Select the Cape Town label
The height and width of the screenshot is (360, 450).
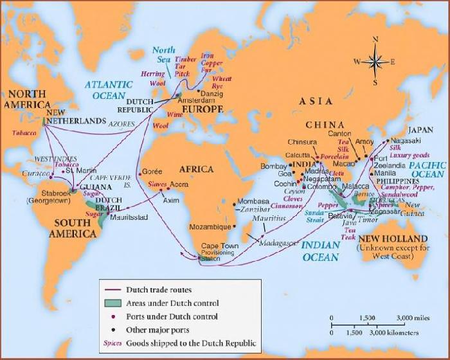tap(219, 246)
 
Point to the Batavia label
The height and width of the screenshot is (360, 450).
tap(340, 215)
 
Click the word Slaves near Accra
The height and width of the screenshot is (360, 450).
tap(157, 184)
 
